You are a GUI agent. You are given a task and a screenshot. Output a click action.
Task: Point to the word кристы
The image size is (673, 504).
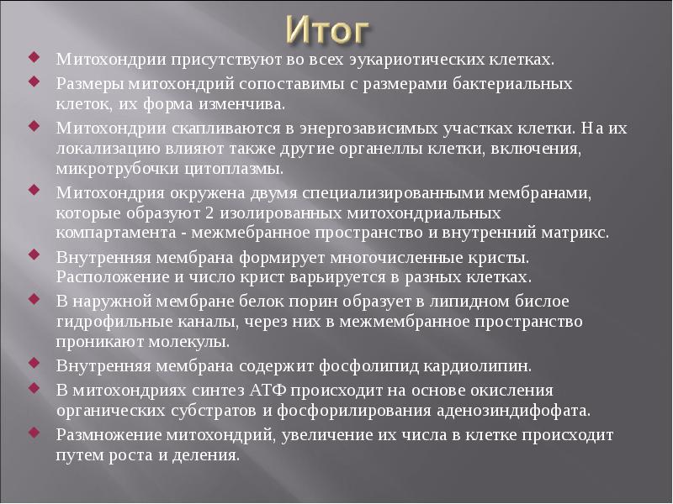498,257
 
